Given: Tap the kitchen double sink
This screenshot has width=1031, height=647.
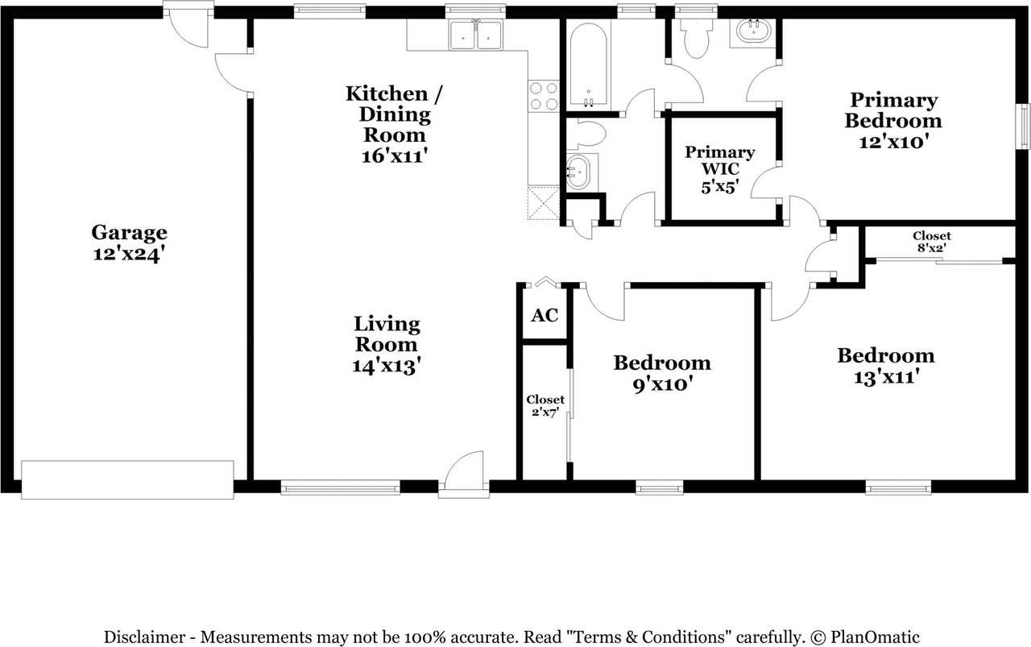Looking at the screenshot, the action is click(x=476, y=35).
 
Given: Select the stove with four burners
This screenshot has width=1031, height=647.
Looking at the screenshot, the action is click(x=544, y=96).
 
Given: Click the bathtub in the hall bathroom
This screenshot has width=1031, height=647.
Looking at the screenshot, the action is click(x=588, y=64).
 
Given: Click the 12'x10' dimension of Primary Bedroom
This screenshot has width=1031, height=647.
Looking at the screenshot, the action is click(x=893, y=142).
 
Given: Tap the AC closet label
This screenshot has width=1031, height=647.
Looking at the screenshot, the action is click(x=544, y=315).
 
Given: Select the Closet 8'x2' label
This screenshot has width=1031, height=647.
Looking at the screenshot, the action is click(x=932, y=242).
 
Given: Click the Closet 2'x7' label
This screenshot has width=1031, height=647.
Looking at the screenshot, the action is click(x=545, y=406).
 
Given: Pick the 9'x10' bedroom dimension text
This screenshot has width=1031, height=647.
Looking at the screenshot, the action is click(x=663, y=384).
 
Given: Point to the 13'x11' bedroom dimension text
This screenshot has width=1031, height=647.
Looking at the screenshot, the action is click(x=887, y=377).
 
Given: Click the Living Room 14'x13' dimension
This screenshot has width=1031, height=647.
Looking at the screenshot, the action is click(x=387, y=366).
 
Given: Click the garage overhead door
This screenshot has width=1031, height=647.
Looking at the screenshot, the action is click(x=127, y=480).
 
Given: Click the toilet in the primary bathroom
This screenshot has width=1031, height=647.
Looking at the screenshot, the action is click(x=696, y=38).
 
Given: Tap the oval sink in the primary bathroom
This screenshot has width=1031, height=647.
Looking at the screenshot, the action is click(x=754, y=31).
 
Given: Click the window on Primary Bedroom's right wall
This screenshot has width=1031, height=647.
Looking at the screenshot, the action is click(x=1024, y=126).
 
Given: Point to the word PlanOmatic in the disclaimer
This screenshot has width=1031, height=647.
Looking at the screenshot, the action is click(x=875, y=637).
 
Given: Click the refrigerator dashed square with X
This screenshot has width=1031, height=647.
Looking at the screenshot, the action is click(x=544, y=203).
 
